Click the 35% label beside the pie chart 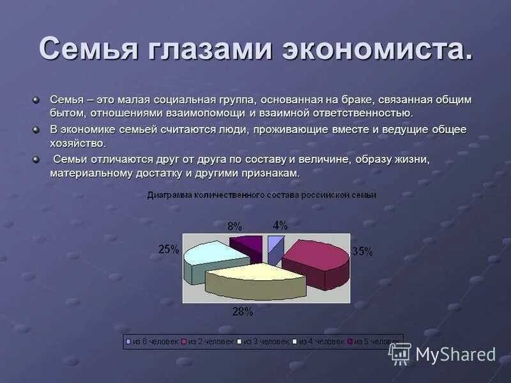[362, 252]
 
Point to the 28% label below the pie [243, 312]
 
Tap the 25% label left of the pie [169, 250]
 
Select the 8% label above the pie [234, 226]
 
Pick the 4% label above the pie [280, 225]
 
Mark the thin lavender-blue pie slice [275, 246]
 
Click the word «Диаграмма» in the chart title [168, 195]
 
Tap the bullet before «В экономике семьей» [36, 130]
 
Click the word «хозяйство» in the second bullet [78, 143]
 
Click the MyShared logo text [455, 354]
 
